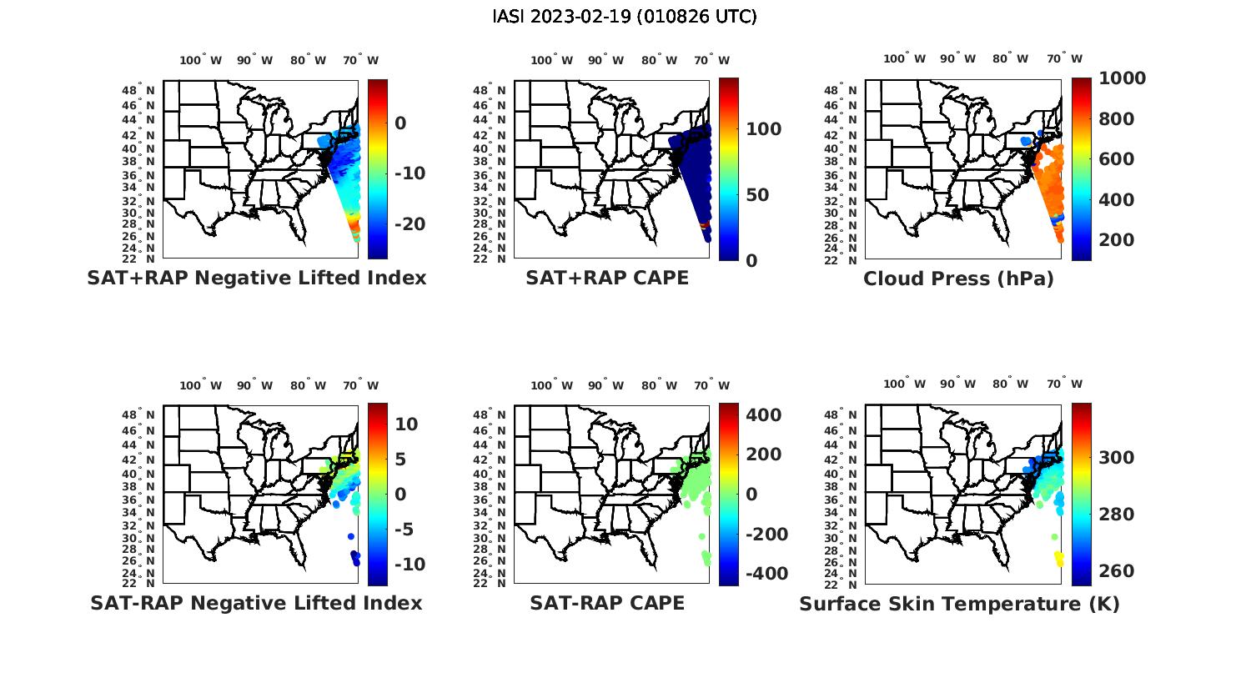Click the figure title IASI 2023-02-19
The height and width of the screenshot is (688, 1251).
pyautogui.click(x=625, y=17)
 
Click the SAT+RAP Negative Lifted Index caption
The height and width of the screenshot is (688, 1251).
pyautogui.click(x=256, y=279)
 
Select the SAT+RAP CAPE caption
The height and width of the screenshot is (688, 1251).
pyautogui.click(x=607, y=279)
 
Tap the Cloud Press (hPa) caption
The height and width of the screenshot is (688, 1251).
pyautogui.click(x=958, y=279)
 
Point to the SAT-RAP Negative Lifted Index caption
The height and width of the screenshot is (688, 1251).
pyautogui.click(x=256, y=603)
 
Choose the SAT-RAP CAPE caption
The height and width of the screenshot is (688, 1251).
pyautogui.click(x=607, y=603)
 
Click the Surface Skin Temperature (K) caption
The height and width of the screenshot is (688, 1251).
pyautogui.click(x=959, y=604)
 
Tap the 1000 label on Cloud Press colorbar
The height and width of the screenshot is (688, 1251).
pyautogui.click(x=1122, y=78)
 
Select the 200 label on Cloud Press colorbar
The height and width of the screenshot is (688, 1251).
pyautogui.click(x=1117, y=240)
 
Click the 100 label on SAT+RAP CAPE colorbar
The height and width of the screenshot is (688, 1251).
pyautogui.click(x=764, y=129)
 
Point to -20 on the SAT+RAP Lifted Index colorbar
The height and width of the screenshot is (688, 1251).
pyautogui.click(x=409, y=224)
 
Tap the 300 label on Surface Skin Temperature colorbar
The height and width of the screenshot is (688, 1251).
pyautogui.click(x=1117, y=458)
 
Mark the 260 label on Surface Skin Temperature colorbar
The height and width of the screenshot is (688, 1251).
pyautogui.click(x=1117, y=571)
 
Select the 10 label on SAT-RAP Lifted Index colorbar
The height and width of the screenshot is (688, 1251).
pyautogui.click(x=406, y=424)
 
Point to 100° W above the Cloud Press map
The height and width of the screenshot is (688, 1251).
pyautogui.click(x=905, y=59)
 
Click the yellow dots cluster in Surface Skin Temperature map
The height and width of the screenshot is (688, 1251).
pyautogui.click(x=1059, y=558)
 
